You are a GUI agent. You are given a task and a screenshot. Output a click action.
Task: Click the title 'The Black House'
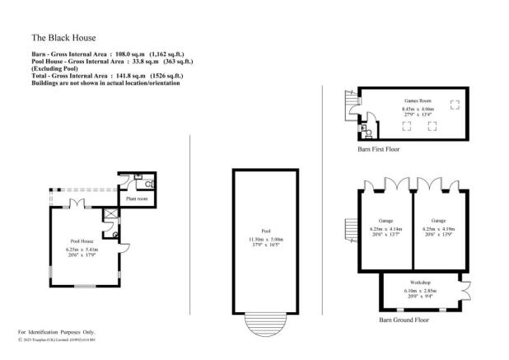[x=63, y=37]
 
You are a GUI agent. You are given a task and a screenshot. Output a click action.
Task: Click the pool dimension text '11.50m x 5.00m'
[x=265, y=239]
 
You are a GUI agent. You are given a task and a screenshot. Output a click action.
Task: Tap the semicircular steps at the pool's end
[x=265, y=325]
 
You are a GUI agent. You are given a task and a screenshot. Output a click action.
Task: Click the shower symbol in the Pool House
[x=110, y=214]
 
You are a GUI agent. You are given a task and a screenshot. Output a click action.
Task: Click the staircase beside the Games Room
[x=349, y=105]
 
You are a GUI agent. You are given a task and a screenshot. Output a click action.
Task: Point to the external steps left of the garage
[x=348, y=226]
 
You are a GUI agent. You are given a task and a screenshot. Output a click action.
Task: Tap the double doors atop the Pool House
[x=75, y=202]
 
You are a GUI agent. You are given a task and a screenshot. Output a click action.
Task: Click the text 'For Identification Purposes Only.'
[x=63, y=330]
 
